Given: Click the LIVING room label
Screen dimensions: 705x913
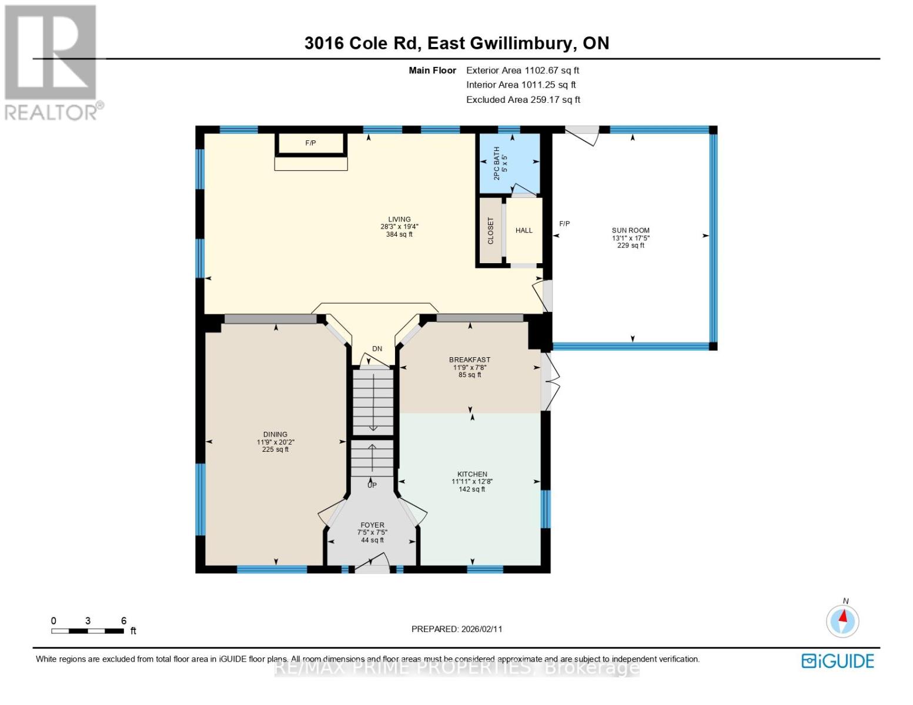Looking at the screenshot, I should (399, 220).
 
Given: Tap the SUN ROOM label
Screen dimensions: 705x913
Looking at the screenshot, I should (630, 231).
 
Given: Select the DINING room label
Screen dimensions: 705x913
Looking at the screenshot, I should (275, 435).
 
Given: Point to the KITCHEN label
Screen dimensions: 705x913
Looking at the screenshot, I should (472, 474).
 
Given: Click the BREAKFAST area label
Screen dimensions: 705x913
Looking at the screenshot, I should (469, 360).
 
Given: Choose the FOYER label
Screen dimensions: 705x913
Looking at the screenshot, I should (372, 525).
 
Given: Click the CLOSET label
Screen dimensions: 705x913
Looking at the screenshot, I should (491, 231).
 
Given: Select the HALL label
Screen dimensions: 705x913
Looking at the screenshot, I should (524, 230).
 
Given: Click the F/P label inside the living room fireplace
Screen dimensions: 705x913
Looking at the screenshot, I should (310, 143).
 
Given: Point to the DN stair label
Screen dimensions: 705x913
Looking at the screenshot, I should (377, 348).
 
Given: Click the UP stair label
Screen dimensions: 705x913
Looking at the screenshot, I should (372, 485).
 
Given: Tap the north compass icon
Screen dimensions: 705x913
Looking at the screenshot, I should (842, 620).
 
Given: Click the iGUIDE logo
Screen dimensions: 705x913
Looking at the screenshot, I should (838, 661).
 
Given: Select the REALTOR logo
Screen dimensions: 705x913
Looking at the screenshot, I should (52, 62).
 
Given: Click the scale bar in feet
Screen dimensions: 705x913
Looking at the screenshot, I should (88, 631).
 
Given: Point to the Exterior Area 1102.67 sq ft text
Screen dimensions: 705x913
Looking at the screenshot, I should (523, 70).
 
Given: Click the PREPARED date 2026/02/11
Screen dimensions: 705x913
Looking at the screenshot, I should (457, 629).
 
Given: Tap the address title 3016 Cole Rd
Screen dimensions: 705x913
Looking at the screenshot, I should (456, 43).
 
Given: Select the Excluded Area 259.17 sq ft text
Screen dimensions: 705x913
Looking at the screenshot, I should (523, 99).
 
